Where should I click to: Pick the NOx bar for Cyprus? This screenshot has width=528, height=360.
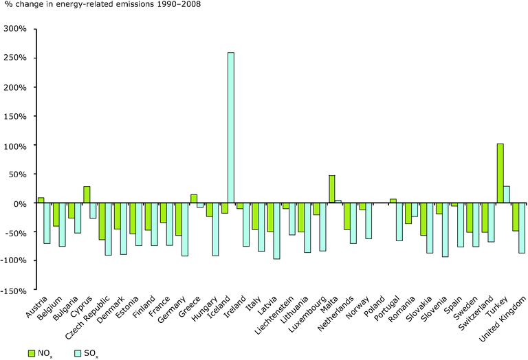(87, 194)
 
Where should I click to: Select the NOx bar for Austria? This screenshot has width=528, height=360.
(41, 200)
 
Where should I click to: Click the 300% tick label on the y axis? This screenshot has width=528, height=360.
(15, 30)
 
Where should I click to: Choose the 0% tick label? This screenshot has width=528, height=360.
(19, 204)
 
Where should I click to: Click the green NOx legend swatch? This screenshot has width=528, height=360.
(31, 352)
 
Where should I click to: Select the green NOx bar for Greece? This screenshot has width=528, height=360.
(194, 199)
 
